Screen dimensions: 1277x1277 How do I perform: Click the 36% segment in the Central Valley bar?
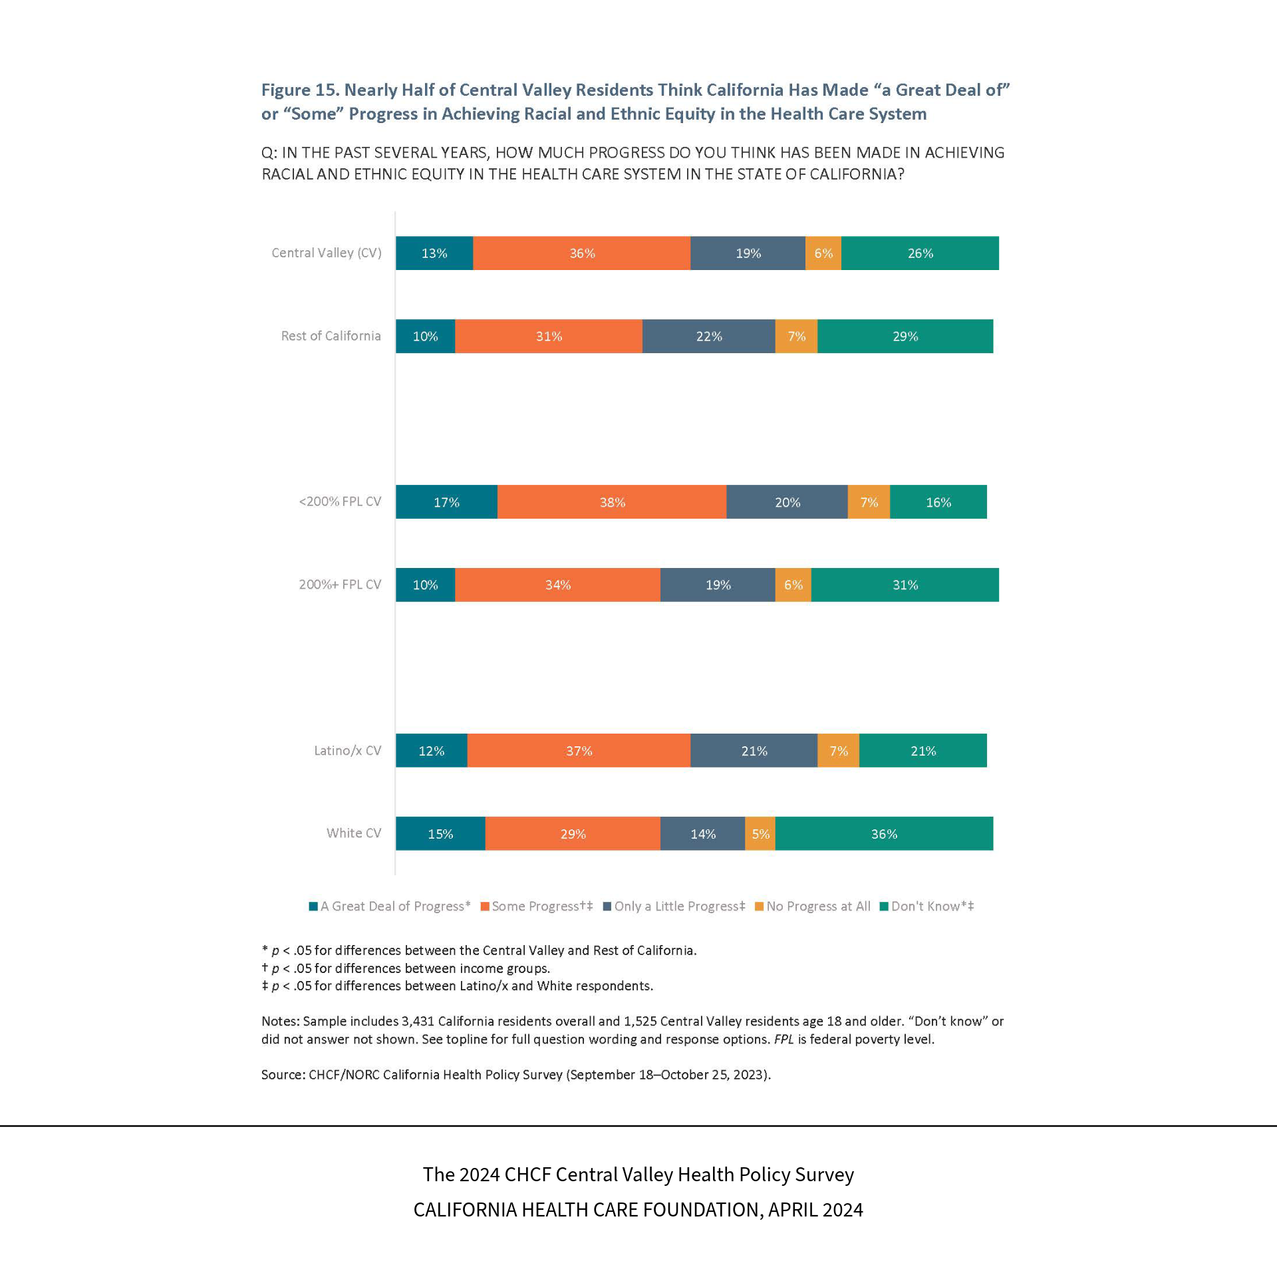[x=581, y=253]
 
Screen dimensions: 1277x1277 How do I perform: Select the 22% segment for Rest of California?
[x=708, y=337]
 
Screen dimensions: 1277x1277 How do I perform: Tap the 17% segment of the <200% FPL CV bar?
[x=446, y=502]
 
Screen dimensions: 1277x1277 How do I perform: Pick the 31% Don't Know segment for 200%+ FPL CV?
[x=905, y=585]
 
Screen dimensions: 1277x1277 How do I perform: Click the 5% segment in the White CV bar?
[x=760, y=834]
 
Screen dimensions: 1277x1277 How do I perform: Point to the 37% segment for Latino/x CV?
[x=579, y=751]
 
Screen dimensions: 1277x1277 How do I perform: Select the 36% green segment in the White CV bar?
[x=884, y=834]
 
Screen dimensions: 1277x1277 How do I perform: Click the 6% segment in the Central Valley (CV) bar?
[x=823, y=253]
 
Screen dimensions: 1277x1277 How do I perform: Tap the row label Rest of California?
[x=331, y=336]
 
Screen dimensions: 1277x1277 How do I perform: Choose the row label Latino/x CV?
[x=347, y=750]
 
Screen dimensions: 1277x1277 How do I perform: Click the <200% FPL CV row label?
[x=340, y=501]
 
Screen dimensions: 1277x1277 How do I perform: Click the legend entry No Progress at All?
[x=818, y=906]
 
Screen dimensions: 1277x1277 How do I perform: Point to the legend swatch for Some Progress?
[x=485, y=907]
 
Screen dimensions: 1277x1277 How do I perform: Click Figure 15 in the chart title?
[x=300, y=90]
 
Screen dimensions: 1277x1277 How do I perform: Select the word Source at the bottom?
[x=282, y=1074]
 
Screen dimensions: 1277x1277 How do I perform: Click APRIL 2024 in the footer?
[x=815, y=1209]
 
